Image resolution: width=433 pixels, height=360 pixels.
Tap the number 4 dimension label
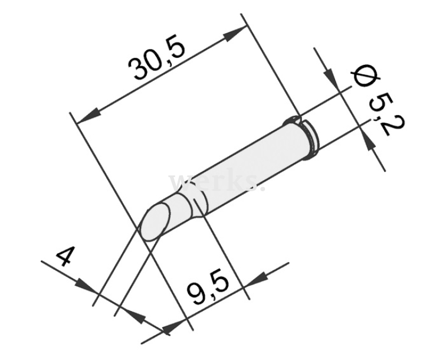tap(65, 257)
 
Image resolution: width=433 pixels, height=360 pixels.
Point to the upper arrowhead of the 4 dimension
tap(87, 287)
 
